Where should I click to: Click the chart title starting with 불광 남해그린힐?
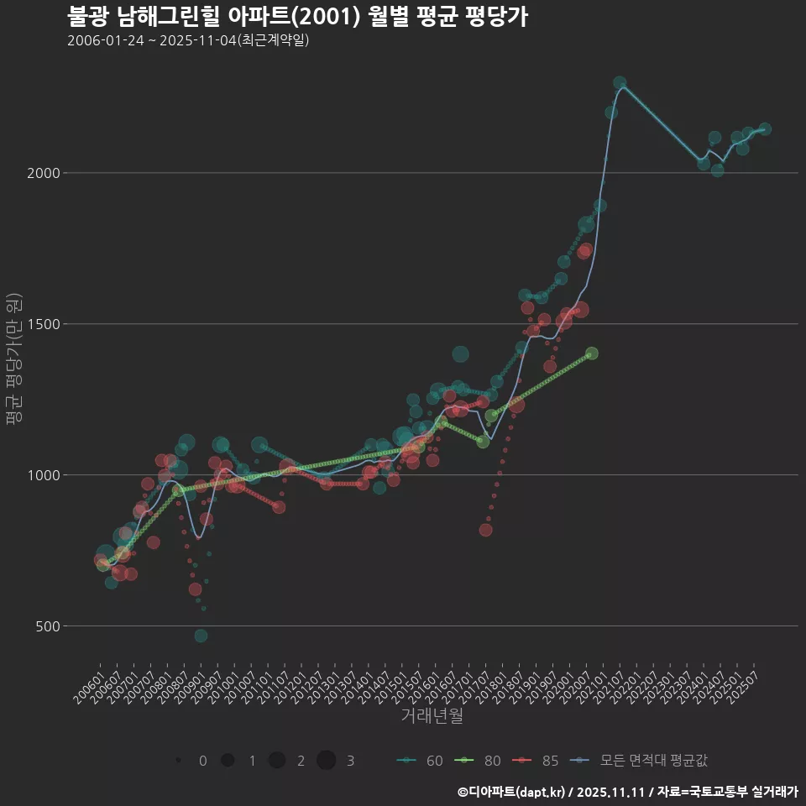pyautogui.click(x=297, y=17)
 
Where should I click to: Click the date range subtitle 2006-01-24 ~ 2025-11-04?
pyautogui.click(x=188, y=40)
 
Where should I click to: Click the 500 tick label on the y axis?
pyautogui.click(x=47, y=626)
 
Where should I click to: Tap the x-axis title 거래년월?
pyautogui.click(x=432, y=715)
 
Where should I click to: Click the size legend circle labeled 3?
pyautogui.click(x=327, y=761)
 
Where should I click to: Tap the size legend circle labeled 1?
pyautogui.click(x=228, y=761)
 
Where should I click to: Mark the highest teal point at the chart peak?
pyautogui.click(x=620, y=83)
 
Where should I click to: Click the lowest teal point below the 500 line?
pyautogui.click(x=201, y=636)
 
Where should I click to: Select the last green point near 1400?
pyautogui.click(x=592, y=353)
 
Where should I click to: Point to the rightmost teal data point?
pyautogui.click(x=765, y=129)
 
